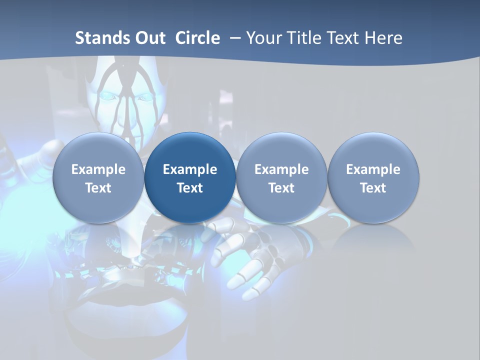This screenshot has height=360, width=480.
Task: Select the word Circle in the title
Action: [x=197, y=38]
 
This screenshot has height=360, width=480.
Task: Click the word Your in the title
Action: [x=263, y=38]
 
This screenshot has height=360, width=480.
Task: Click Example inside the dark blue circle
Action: [x=190, y=169]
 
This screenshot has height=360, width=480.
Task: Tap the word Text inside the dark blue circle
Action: [x=190, y=188]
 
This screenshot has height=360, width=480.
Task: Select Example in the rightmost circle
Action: [x=373, y=169]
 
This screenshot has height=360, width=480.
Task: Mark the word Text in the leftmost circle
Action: [x=98, y=188]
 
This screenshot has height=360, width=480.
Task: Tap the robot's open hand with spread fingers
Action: [x=245, y=260]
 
